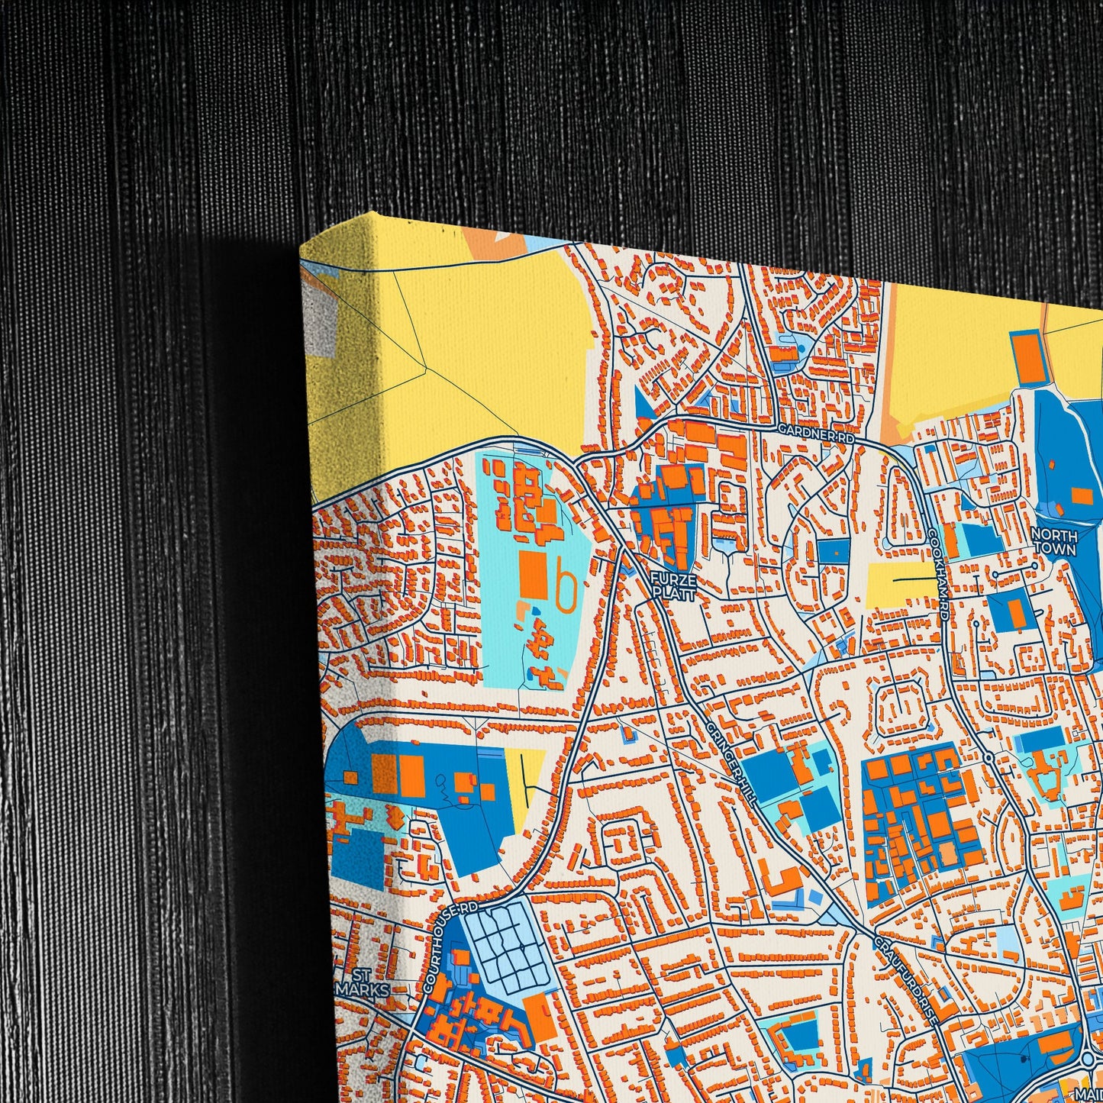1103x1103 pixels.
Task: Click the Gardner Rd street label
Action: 814,433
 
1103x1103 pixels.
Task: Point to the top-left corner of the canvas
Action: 302,243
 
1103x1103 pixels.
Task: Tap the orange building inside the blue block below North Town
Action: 1016,613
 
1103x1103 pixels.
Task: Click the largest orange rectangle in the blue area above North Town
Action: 1082,495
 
